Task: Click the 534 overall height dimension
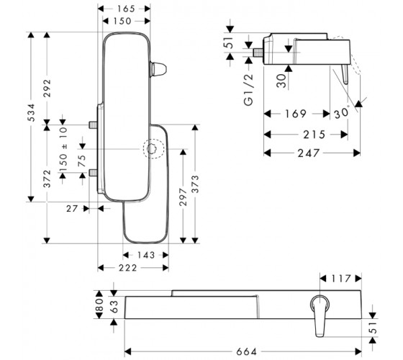click(x=31, y=112)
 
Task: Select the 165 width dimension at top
click(x=126, y=9)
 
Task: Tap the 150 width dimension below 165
click(x=122, y=21)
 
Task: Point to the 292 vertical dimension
click(x=47, y=88)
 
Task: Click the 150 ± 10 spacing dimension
click(x=63, y=149)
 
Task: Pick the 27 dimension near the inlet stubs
click(x=72, y=209)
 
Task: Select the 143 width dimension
click(x=145, y=255)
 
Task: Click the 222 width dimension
click(x=128, y=268)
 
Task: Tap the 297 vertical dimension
click(x=183, y=197)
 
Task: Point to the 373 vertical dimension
click(x=195, y=184)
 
